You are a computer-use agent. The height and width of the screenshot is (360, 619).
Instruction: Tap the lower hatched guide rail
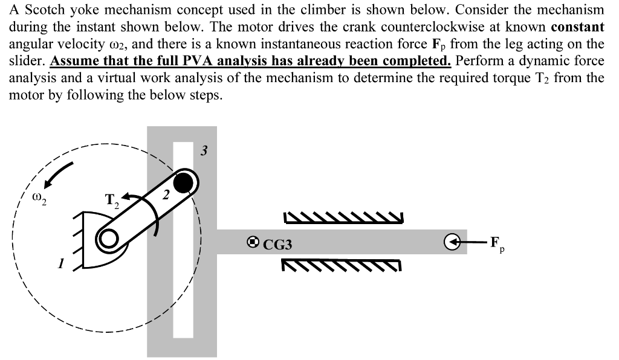pos(341,264)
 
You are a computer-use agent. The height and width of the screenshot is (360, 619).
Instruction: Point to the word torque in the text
pos(514,78)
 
